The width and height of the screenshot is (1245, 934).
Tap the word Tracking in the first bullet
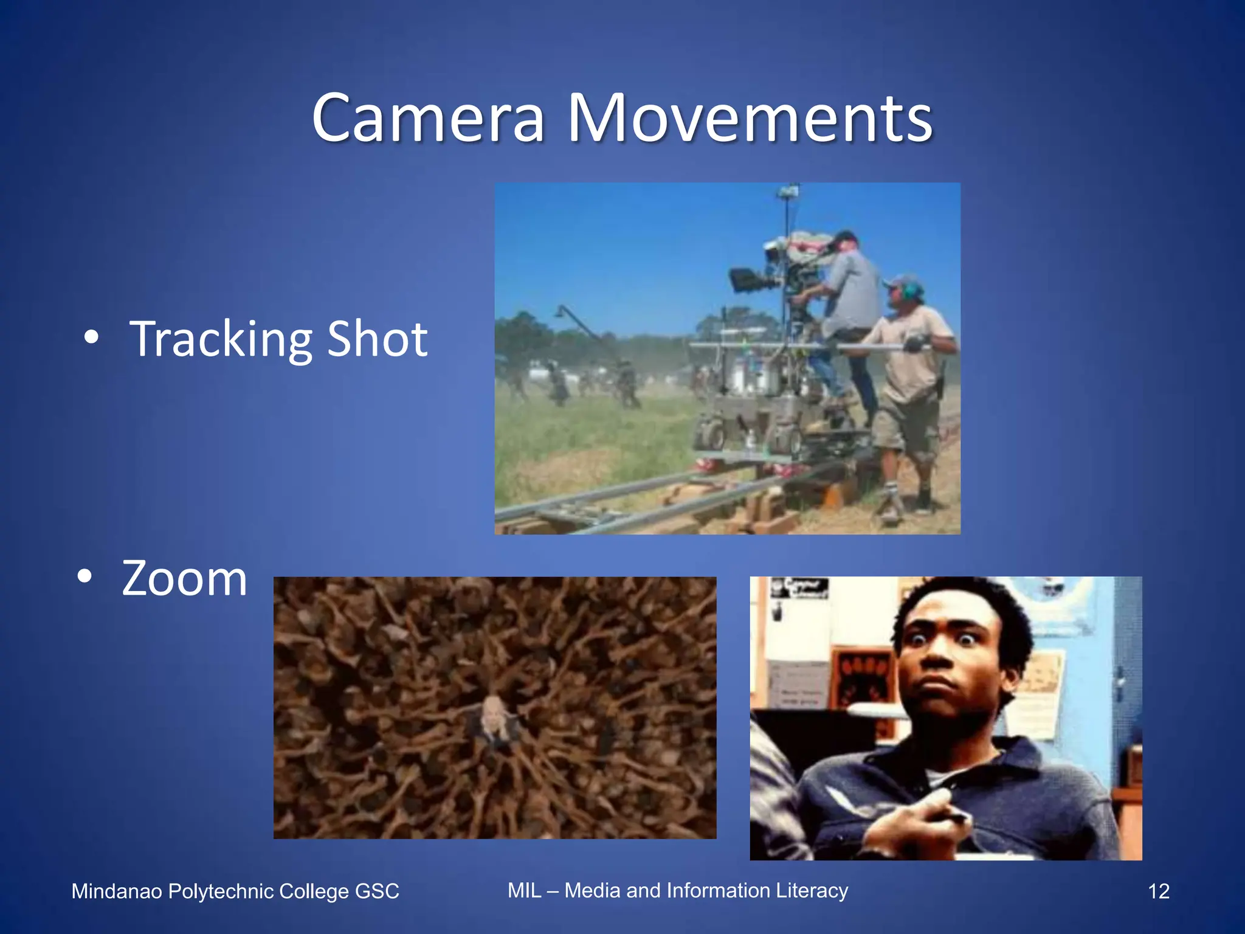[x=220, y=339]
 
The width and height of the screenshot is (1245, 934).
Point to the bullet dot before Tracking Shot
[x=91, y=338]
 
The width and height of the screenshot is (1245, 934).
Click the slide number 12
[x=1158, y=891]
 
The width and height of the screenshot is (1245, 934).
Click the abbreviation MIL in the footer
[x=524, y=890]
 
